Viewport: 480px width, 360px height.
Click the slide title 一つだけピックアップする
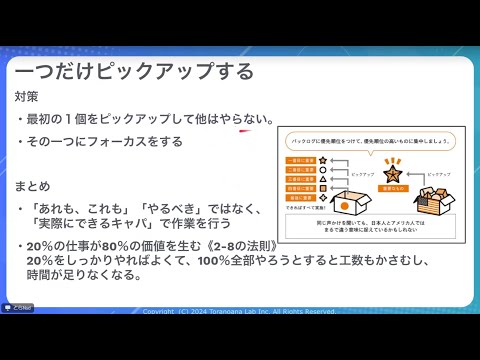tap(134, 71)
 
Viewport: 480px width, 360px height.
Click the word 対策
tap(27, 98)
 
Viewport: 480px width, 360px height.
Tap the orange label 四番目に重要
tap(301, 186)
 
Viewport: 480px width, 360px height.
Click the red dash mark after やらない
tap(242, 129)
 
